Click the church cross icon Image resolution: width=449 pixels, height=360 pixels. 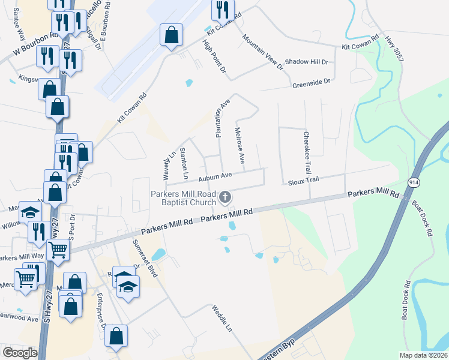(x=226, y=196)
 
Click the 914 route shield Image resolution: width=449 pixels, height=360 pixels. (x=415, y=182)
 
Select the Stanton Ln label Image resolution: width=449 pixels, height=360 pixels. (x=185, y=164)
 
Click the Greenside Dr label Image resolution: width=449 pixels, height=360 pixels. (x=312, y=82)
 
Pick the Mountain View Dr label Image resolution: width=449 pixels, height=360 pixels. (x=262, y=52)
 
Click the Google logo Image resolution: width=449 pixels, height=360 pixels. (x=20, y=353)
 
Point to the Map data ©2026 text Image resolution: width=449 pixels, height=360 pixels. (x=423, y=355)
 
